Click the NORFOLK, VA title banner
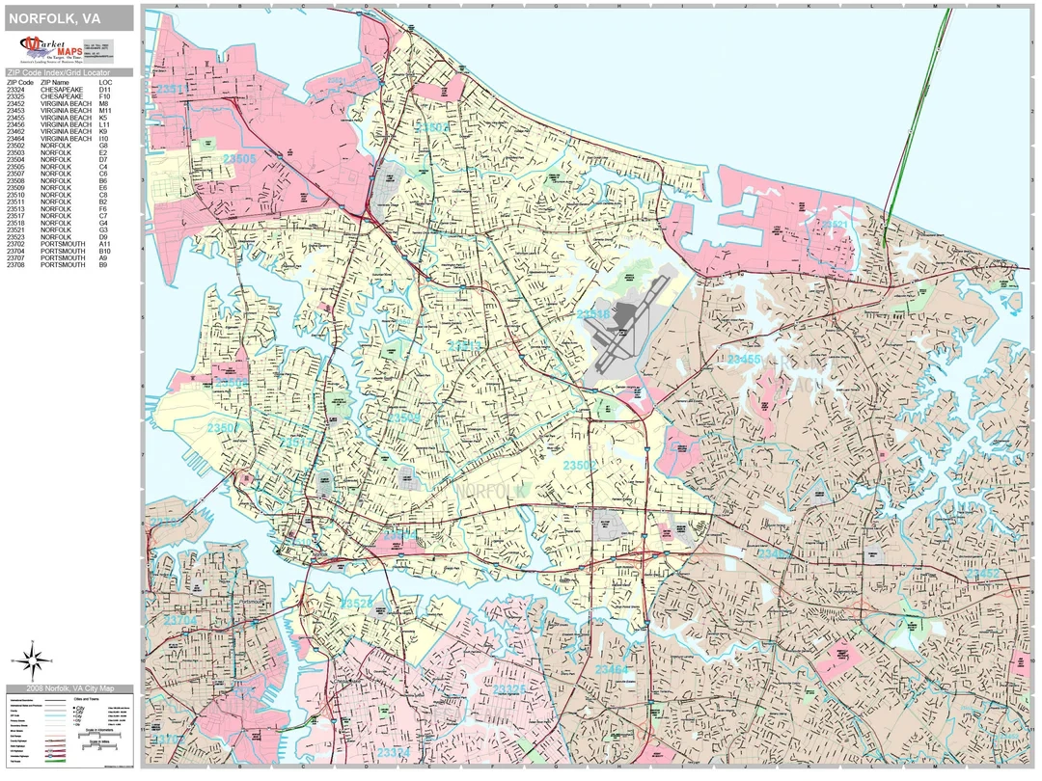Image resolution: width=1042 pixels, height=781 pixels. click(x=68, y=18)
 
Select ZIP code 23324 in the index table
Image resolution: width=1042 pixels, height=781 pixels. click(x=20, y=90)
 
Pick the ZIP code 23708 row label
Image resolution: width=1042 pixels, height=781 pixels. click(x=20, y=264)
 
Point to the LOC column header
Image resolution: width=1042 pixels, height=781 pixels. click(x=105, y=82)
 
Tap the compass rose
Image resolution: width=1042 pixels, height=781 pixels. click(x=32, y=660)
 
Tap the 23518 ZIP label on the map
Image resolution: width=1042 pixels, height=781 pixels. click(x=592, y=313)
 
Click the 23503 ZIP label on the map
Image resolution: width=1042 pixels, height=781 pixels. click(x=431, y=127)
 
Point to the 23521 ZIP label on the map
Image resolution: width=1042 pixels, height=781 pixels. click(x=835, y=224)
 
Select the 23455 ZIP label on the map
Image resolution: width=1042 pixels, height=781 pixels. click(x=744, y=359)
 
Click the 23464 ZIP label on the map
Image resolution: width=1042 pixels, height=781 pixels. click(x=611, y=668)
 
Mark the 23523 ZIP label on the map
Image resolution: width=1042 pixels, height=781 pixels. click(x=357, y=604)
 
